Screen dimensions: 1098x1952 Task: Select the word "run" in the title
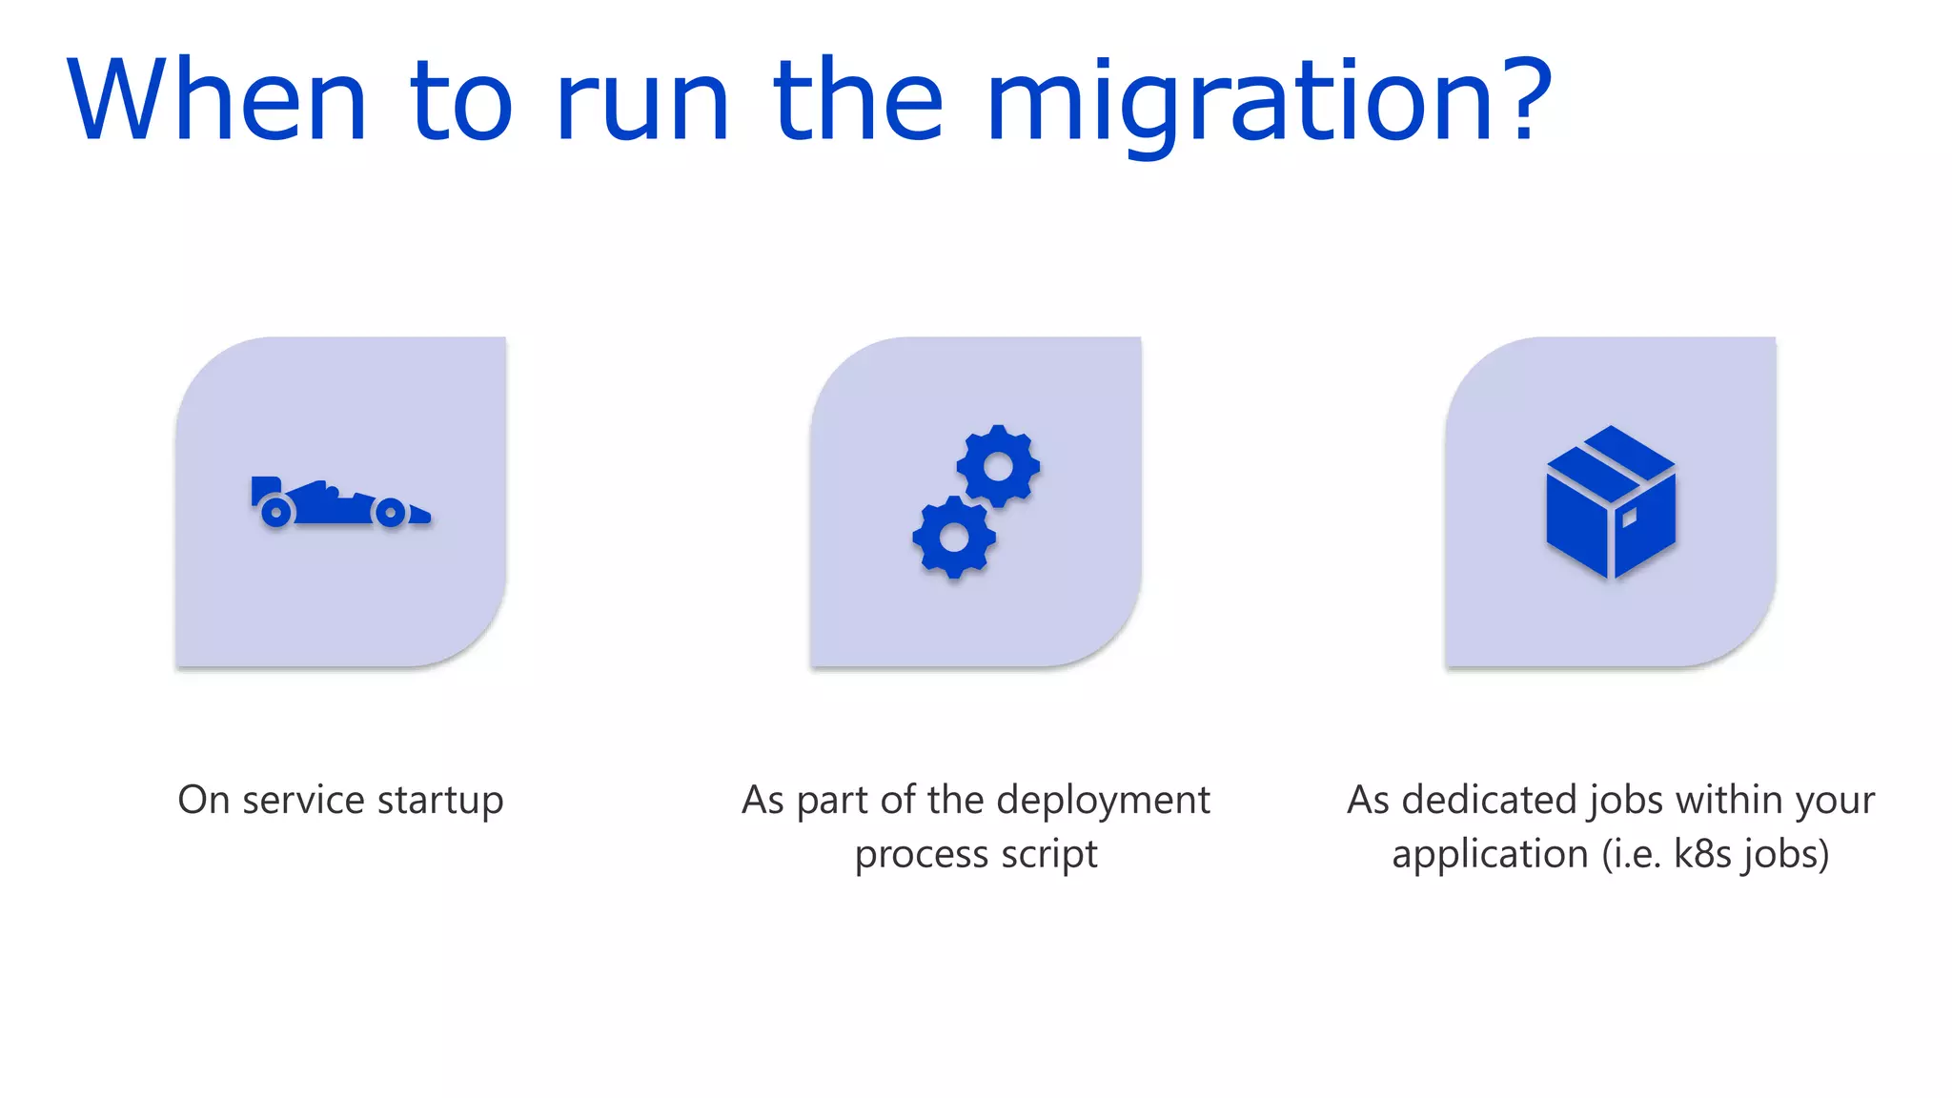click(x=641, y=103)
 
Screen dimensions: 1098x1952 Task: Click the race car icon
click(x=339, y=503)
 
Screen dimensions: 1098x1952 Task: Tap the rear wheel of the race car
click(x=276, y=512)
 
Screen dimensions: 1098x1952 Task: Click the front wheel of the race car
click(x=390, y=513)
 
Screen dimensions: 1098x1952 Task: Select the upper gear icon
click(x=998, y=466)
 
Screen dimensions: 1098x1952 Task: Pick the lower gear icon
click(x=954, y=538)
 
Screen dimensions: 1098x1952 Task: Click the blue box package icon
click(x=1610, y=502)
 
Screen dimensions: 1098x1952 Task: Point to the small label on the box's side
click(x=1629, y=518)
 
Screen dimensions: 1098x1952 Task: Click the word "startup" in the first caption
click(x=440, y=801)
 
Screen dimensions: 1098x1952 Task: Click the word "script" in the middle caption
click(x=1049, y=855)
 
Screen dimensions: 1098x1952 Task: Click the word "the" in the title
click(x=858, y=100)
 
